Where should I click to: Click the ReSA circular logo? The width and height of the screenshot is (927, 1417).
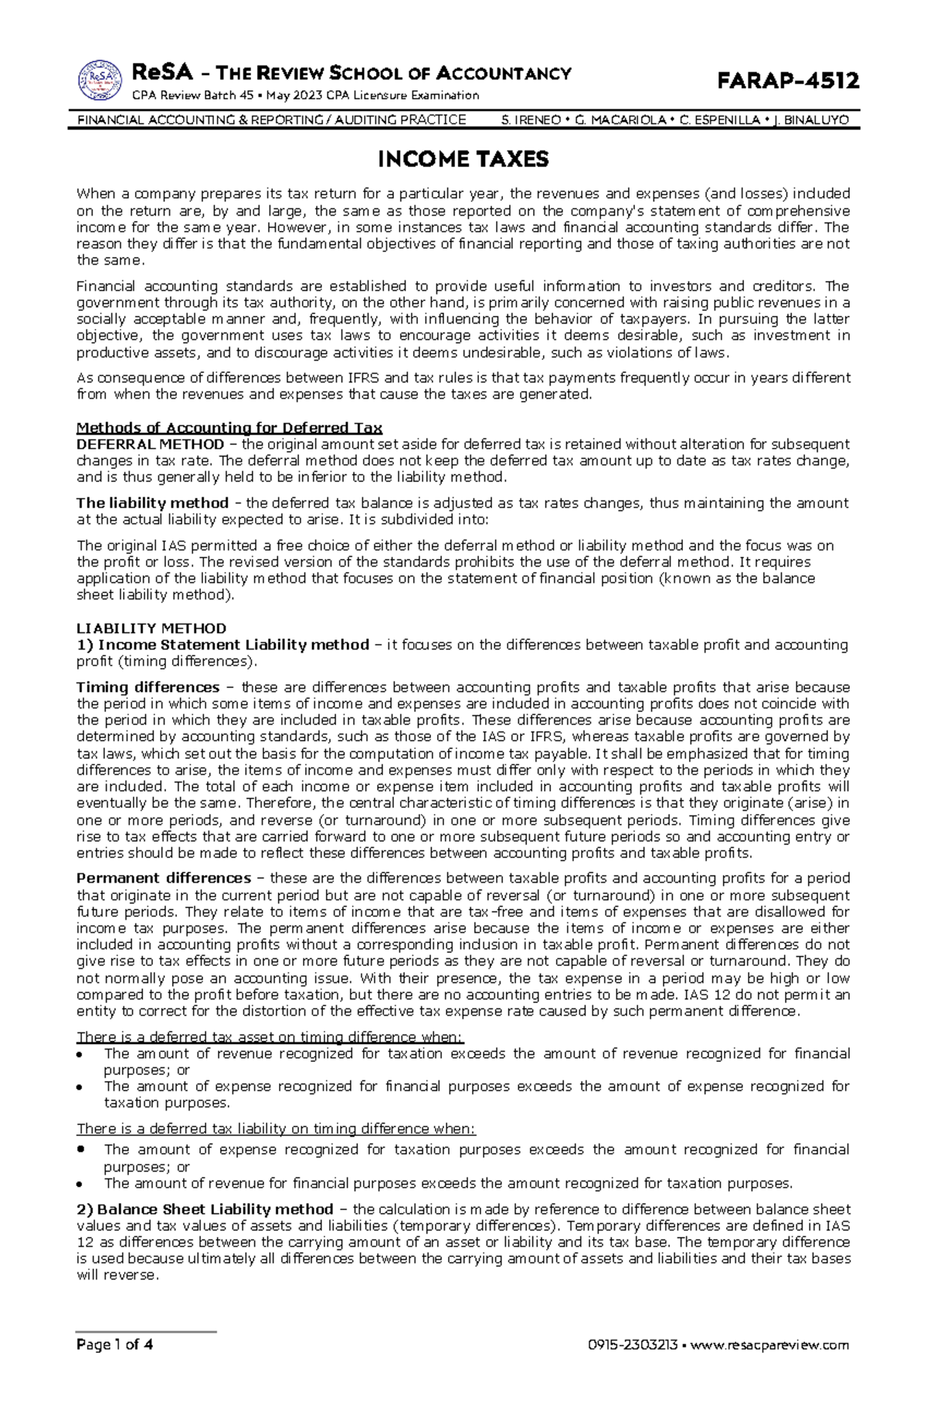tap(100, 81)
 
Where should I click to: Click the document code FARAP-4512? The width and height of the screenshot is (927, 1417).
tap(788, 81)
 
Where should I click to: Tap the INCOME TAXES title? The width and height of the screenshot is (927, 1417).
tap(463, 160)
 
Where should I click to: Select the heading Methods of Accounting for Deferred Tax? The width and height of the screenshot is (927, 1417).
tap(229, 428)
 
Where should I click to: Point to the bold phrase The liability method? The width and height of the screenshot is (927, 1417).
tap(152, 503)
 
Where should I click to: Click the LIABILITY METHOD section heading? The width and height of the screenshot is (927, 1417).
tap(151, 628)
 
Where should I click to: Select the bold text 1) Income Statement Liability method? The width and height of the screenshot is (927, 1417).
tap(222, 645)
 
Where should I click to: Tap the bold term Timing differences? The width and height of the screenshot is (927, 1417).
tap(148, 687)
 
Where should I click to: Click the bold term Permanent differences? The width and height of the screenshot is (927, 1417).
tap(163, 878)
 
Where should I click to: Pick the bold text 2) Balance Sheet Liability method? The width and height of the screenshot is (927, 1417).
tap(205, 1209)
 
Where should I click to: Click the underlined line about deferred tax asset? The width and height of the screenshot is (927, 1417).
tap(270, 1037)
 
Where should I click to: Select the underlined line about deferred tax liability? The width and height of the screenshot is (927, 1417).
tap(276, 1129)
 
